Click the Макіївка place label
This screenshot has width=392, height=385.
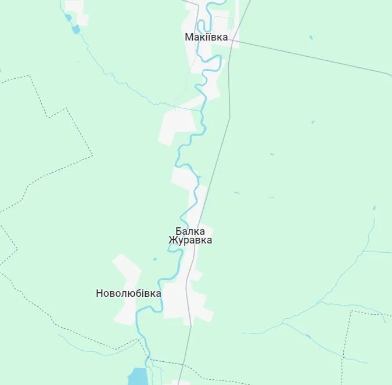point(206,37)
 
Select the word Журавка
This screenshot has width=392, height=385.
point(190,240)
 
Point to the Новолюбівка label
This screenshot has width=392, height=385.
point(128,293)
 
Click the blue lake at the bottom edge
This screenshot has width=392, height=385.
point(138,377)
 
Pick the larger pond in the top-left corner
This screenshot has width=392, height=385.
point(75,29)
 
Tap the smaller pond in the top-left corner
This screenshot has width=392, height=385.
point(69,18)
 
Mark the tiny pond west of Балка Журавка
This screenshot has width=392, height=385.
point(155,259)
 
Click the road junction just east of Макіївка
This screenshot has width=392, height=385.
point(232,41)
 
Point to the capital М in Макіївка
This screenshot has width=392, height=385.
point(188,37)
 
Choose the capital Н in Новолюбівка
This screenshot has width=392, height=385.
point(99,293)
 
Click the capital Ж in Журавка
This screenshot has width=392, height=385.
point(172,240)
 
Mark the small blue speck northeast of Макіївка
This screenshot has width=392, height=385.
point(311,38)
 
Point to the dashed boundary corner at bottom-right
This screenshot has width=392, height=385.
point(352,312)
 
